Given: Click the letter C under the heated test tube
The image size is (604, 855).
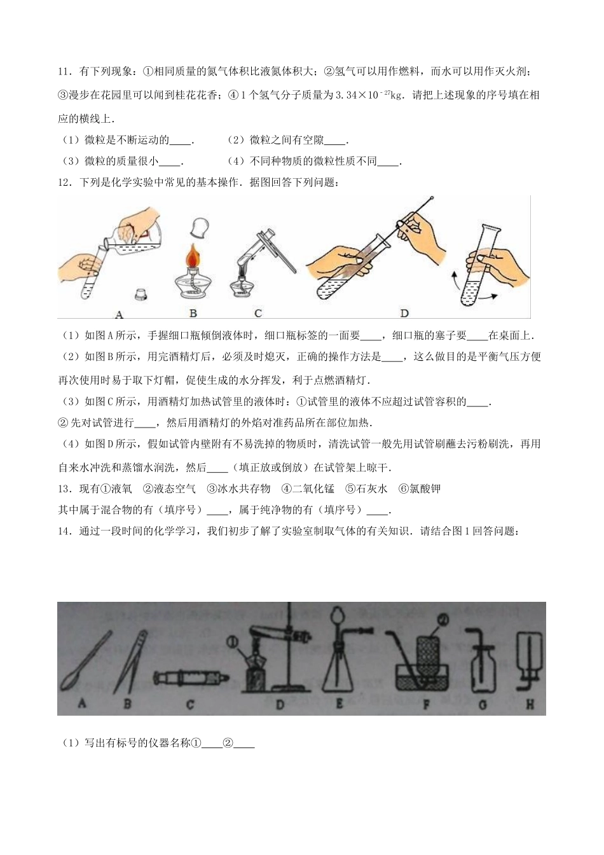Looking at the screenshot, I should tap(257, 313).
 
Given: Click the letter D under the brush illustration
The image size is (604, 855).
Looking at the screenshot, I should tap(404, 313).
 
